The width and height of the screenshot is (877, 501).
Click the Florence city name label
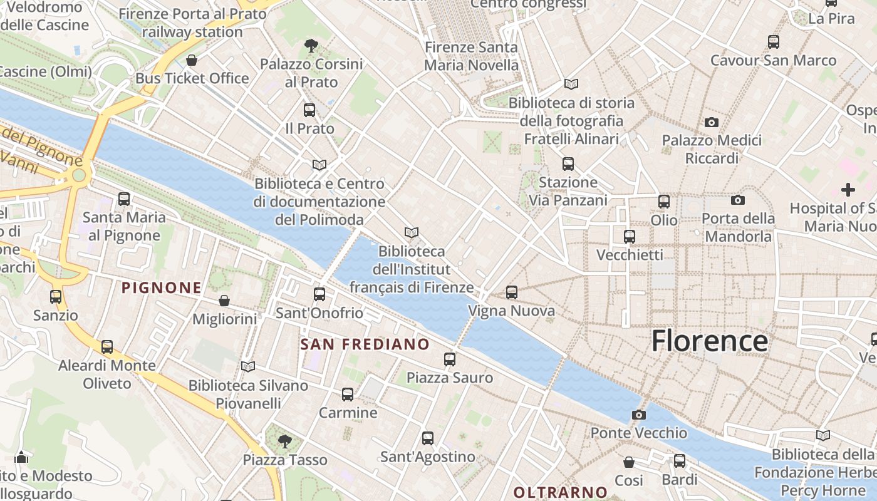[709, 341]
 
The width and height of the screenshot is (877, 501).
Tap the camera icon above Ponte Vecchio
[639, 415]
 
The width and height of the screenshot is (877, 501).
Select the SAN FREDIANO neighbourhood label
[365, 344]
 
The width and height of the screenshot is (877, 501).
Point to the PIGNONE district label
[162, 288]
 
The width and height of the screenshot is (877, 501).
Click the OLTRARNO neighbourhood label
[560, 492]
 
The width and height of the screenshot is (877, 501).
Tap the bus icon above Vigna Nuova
[512, 292]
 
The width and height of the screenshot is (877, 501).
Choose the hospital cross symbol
[848, 190]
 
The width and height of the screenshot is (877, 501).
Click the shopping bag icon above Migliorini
[224, 301]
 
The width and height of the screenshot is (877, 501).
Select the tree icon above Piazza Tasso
[285, 442]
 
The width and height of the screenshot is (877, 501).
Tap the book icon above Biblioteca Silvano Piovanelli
[248, 366]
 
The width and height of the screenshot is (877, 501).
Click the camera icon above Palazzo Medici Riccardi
[712, 122]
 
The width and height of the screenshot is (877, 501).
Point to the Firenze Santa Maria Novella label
[471, 56]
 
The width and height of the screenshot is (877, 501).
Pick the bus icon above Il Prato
[309, 110]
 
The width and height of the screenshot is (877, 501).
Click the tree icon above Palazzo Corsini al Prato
[311, 45]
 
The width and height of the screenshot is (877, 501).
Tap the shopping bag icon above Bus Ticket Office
[192, 60]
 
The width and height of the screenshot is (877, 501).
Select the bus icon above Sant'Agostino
[428, 438]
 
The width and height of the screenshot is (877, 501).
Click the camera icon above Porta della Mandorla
[738, 200]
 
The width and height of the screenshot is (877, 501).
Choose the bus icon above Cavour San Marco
[774, 42]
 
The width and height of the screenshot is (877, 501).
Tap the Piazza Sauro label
[450, 378]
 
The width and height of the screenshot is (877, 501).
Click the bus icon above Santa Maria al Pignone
[124, 199]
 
